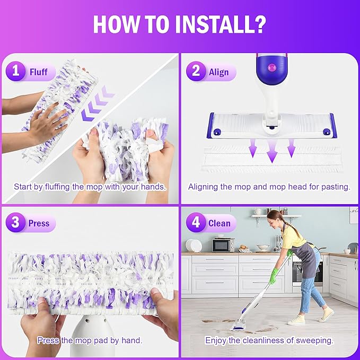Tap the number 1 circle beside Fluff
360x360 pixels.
[16, 72]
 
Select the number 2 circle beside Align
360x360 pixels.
[196, 72]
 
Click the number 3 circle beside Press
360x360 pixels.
[16, 223]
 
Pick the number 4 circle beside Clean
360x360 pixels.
[196, 223]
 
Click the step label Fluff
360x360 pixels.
[39, 72]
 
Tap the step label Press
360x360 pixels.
[39, 223]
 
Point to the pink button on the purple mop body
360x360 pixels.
[272, 68]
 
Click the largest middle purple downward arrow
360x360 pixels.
[272, 151]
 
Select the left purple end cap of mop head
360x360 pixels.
[210, 125]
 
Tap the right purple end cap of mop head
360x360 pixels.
[332, 125]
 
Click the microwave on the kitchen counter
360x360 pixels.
[223, 244]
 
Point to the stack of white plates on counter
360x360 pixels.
[195, 245]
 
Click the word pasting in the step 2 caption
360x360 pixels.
[337, 187]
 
